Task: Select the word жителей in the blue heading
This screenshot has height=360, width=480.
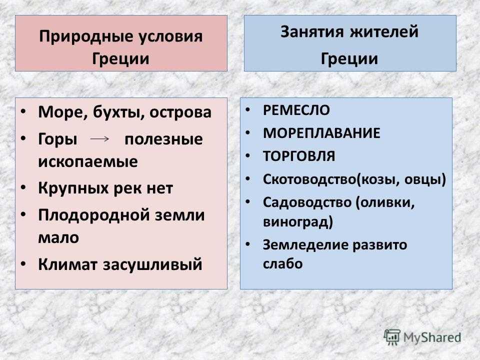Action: click(384, 32)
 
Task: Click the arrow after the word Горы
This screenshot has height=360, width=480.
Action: click(100, 139)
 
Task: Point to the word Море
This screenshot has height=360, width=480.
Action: click(61, 112)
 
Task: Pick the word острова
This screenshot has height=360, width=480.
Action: click(180, 112)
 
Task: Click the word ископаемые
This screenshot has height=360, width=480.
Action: click(88, 161)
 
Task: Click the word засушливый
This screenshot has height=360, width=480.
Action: click(152, 264)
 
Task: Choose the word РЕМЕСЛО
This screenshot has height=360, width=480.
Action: click(296, 110)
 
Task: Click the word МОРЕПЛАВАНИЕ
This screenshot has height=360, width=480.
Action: click(321, 133)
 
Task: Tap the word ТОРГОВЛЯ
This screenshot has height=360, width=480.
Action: click(299, 156)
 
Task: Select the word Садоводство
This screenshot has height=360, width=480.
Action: click(306, 202)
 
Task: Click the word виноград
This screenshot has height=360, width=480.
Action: click(295, 222)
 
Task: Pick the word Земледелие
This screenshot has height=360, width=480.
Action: click(304, 245)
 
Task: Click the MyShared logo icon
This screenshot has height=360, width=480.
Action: click(392, 337)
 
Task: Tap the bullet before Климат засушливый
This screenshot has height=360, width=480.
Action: click(23, 264)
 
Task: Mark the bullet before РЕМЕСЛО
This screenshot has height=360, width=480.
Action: click(248, 109)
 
